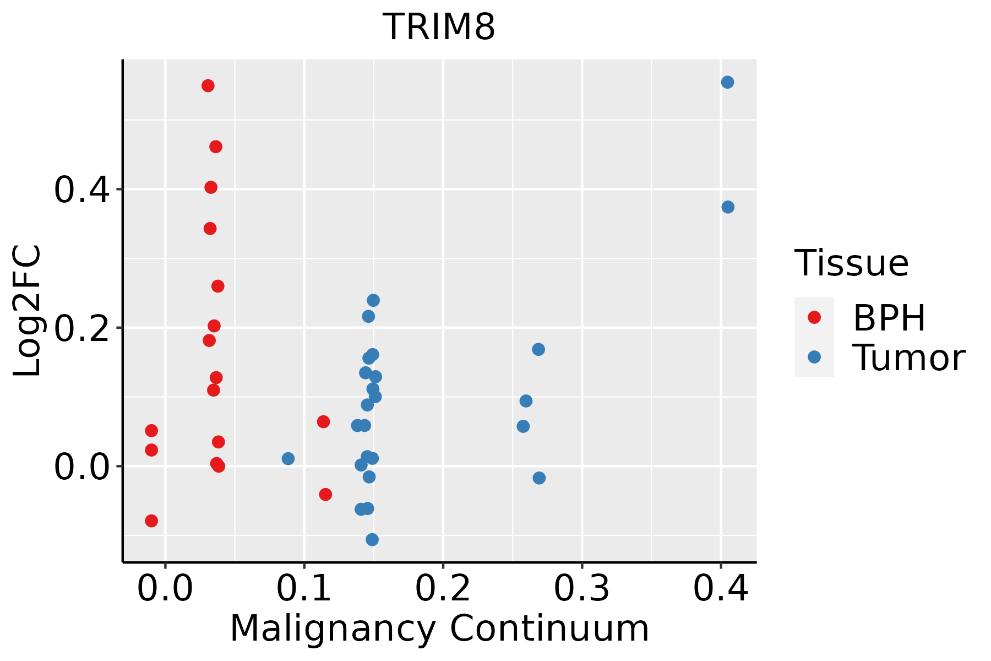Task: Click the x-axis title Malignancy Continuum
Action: point(439,629)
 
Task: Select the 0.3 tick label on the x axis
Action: point(581,589)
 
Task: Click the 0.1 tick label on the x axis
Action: point(304,589)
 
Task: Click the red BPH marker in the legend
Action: point(814,317)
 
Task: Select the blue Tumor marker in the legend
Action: point(814,357)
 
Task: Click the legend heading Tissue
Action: point(851,263)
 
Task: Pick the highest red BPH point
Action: point(208,86)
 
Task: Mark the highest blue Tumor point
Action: point(727,83)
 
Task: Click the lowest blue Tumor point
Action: point(372,539)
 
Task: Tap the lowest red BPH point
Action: point(151,521)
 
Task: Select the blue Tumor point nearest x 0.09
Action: point(288,459)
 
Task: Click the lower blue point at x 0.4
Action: point(728,207)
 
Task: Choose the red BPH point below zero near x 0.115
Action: point(325,494)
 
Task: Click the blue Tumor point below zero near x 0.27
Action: point(539,478)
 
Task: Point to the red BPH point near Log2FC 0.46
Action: point(216,147)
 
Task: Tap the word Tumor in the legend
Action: point(908,358)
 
